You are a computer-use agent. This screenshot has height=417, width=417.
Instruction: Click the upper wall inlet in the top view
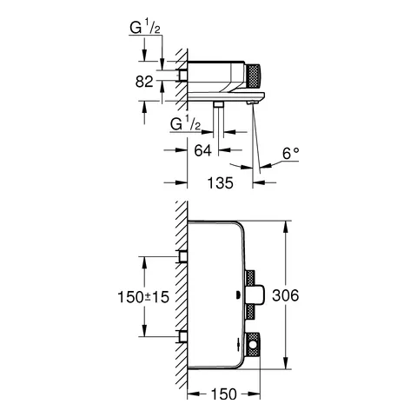pos(182,256)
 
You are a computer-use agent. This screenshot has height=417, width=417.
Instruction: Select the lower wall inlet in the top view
pos(182,336)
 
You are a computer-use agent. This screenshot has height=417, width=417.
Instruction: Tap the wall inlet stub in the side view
pos(182,76)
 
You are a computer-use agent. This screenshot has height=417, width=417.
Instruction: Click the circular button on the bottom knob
pos(253,349)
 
